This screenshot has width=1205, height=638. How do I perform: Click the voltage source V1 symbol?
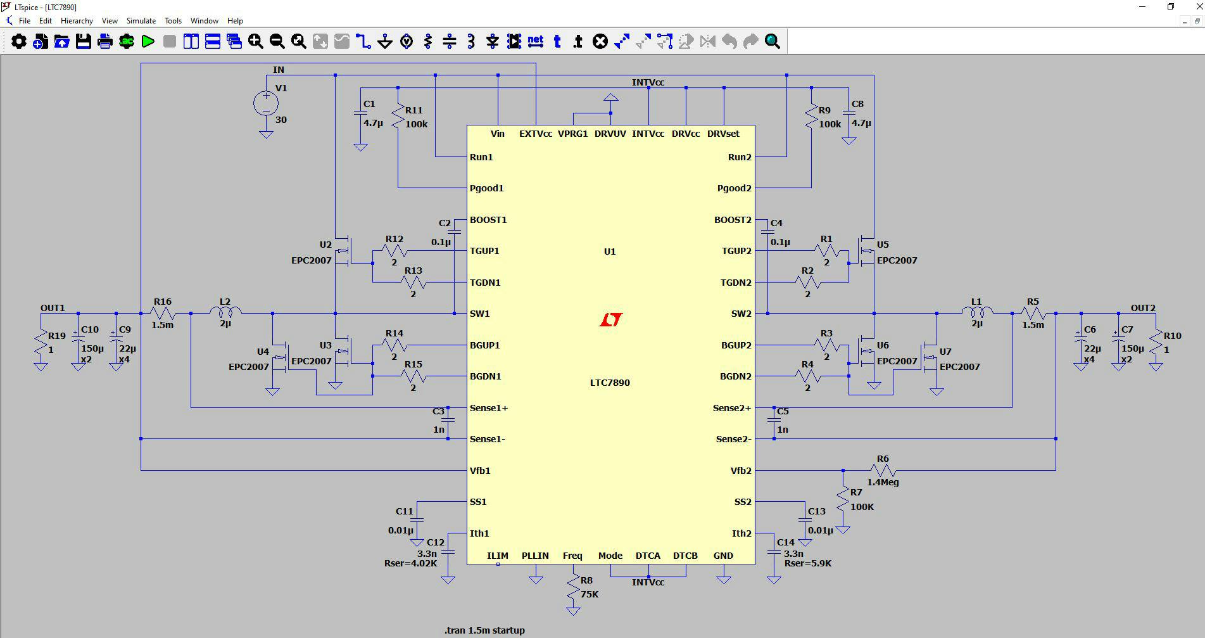pyautogui.click(x=266, y=103)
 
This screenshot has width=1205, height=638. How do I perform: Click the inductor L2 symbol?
pyautogui.click(x=225, y=312)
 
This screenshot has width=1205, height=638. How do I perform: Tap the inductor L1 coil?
pyautogui.click(x=977, y=312)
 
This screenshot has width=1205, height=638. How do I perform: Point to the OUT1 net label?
pyautogui.click(x=53, y=308)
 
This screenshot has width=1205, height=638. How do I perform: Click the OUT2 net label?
pyautogui.click(x=1143, y=308)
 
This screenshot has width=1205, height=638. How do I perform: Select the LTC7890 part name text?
pyautogui.click(x=610, y=383)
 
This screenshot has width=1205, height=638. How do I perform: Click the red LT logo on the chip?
pyautogui.click(x=610, y=320)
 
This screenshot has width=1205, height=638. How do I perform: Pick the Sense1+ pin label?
pyautogui.click(x=489, y=408)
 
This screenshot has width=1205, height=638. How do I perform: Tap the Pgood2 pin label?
pyautogui.click(x=734, y=188)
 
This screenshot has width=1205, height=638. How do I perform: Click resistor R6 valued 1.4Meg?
pyautogui.click(x=883, y=470)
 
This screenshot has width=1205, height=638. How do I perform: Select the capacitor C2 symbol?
pyautogui.click(x=455, y=232)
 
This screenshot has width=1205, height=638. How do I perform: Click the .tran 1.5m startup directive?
pyautogui.click(x=484, y=630)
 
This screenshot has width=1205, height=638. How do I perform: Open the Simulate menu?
pyautogui.click(x=141, y=21)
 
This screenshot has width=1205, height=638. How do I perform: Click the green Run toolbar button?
pyautogui.click(x=148, y=42)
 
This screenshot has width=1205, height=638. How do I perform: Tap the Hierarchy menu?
pyautogui.click(x=77, y=21)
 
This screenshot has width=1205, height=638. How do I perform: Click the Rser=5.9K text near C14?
pyautogui.click(x=808, y=563)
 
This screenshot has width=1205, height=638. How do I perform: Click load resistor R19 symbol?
pyautogui.click(x=41, y=343)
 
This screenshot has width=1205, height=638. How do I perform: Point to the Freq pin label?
pyautogui.click(x=572, y=556)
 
